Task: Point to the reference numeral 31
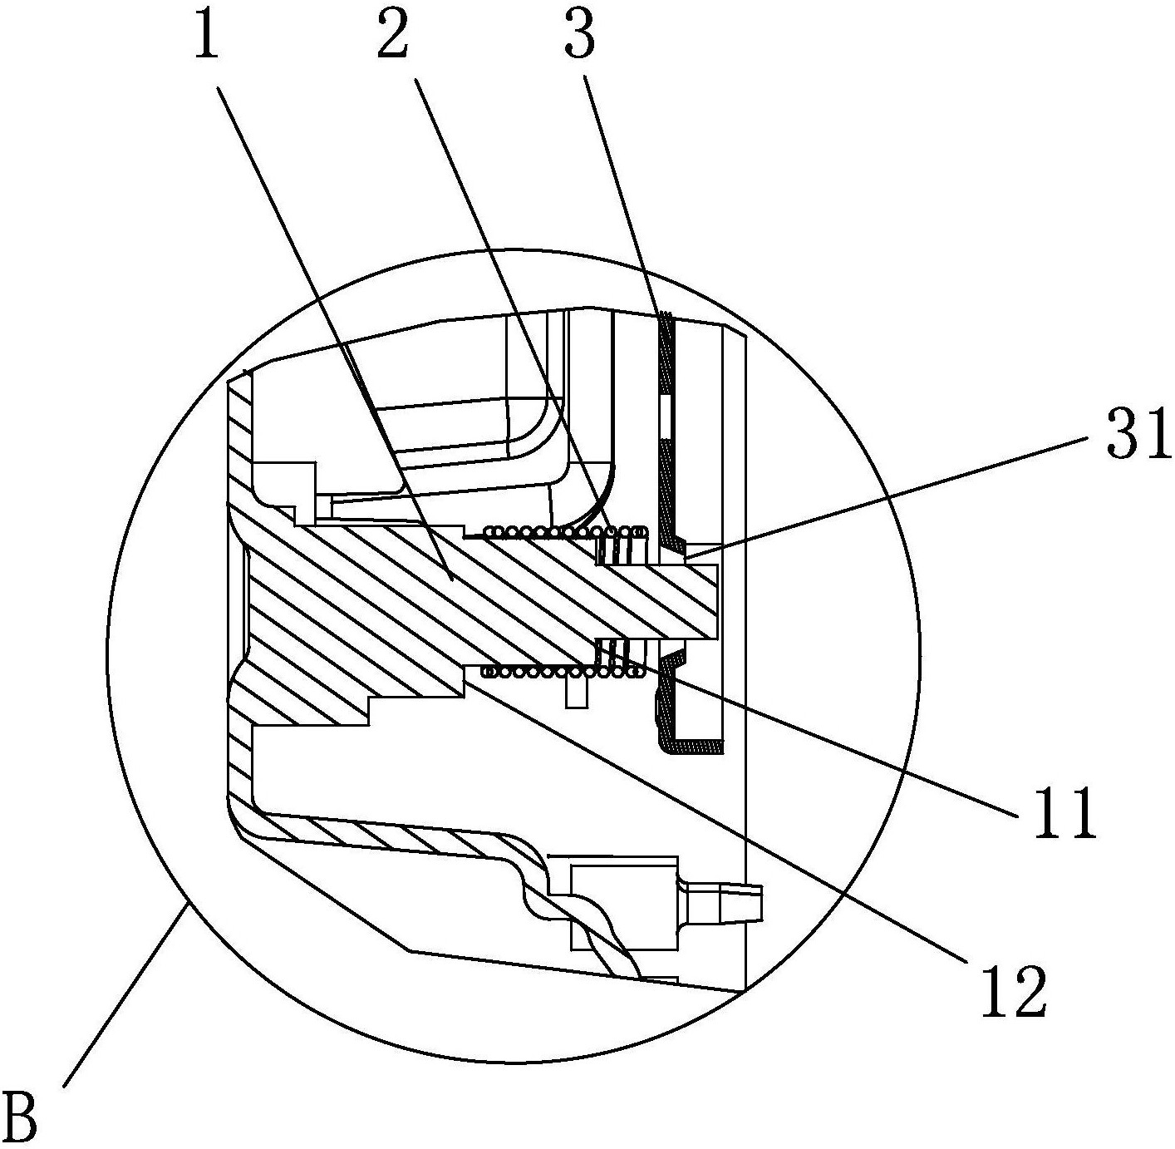pyautogui.click(x=1138, y=433)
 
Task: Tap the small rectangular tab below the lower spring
pyautogui.click(x=576, y=693)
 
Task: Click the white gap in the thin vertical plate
pyautogui.click(x=665, y=417)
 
